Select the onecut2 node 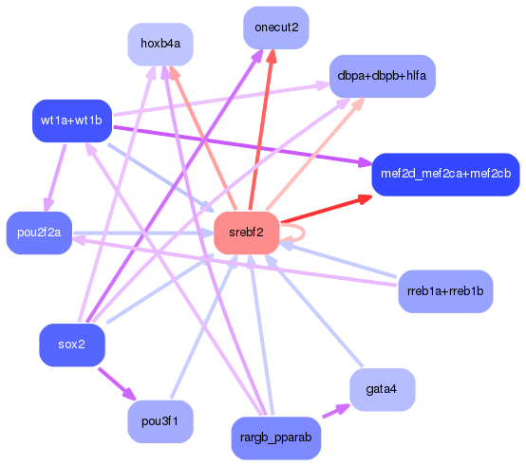point(275,28)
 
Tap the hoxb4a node point(160,45)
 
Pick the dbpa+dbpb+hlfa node point(381,75)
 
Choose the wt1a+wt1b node point(72,121)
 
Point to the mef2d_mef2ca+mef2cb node point(445,174)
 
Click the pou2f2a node point(39,233)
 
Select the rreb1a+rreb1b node point(445,290)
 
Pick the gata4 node point(382,389)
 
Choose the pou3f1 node point(160,420)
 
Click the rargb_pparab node point(276,437)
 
